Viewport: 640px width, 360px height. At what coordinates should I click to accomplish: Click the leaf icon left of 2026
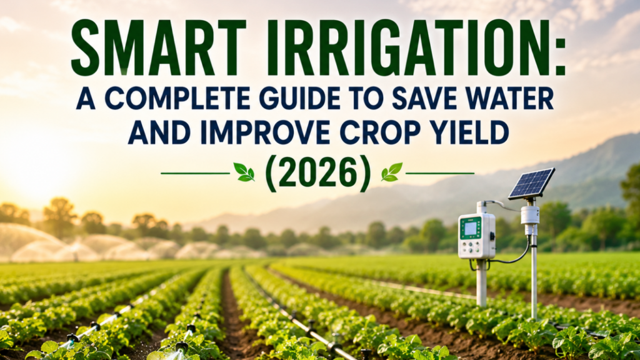tap(244, 172)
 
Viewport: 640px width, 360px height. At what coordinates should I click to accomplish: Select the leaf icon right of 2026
tap(391, 172)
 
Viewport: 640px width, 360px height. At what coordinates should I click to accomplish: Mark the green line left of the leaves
tap(196, 174)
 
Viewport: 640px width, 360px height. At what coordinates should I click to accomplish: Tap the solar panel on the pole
tap(531, 184)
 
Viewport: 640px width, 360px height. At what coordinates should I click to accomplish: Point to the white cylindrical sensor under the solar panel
tap(530, 215)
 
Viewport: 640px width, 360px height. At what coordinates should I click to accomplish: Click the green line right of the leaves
tap(440, 174)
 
